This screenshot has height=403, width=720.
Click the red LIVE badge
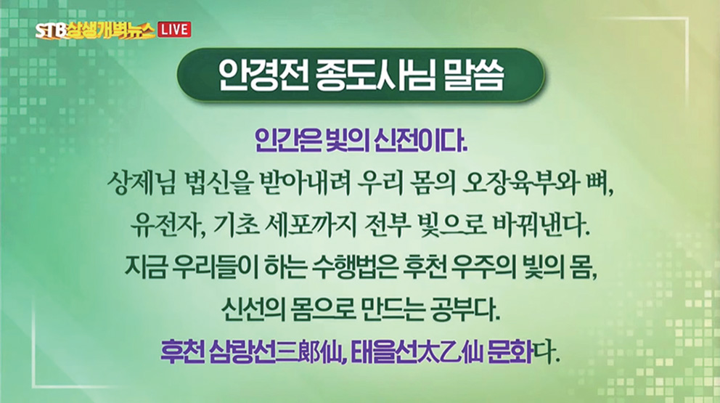click(174, 30)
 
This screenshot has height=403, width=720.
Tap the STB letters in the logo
click(51, 31)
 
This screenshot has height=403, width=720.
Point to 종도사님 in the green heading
click(375, 75)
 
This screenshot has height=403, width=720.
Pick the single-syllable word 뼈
click(600, 184)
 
